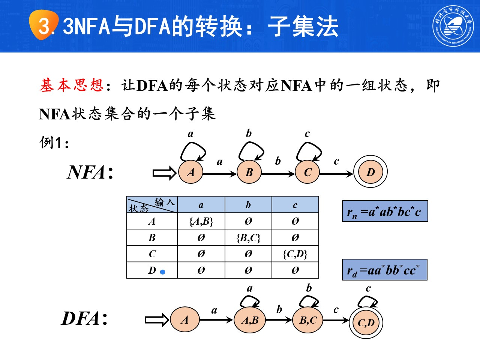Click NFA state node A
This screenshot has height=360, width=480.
[x=191, y=172]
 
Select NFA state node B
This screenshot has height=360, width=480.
[x=249, y=172]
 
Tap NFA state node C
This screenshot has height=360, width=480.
[x=308, y=172]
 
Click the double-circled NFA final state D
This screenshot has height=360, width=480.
[x=370, y=172]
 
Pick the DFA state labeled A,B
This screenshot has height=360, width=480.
[x=250, y=320]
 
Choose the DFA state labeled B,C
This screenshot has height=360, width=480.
[x=308, y=320]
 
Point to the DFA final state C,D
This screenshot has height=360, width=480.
[x=366, y=322]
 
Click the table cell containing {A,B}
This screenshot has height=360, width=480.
[x=201, y=221]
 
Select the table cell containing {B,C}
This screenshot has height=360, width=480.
[x=248, y=238]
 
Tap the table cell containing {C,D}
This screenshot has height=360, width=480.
[x=295, y=254]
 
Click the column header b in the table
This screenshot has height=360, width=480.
[x=248, y=205]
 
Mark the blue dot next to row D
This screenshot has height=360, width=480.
[x=162, y=272]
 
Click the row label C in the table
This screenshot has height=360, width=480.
[x=152, y=254]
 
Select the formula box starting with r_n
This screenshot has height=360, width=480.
[x=385, y=211]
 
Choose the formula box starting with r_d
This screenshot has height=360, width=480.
[x=384, y=270]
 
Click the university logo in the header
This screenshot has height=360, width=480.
[x=453, y=25]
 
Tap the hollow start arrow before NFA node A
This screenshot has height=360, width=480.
[x=164, y=173]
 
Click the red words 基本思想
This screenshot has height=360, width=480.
[x=72, y=85]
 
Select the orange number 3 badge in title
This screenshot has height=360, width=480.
[x=44, y=25]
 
